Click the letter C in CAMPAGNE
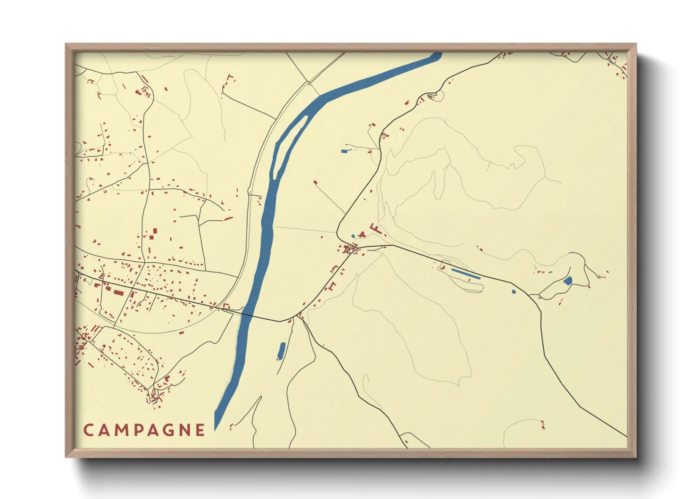click(x=88, y=430)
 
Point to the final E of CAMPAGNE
click(x=200, y=430)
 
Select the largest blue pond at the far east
click(x=567, y=281)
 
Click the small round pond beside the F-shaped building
click(x=353, y=236)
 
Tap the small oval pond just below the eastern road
click(x=514, y=291)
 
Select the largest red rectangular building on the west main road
click(x=116, y=293)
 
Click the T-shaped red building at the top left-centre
click(x=230, y=77)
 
